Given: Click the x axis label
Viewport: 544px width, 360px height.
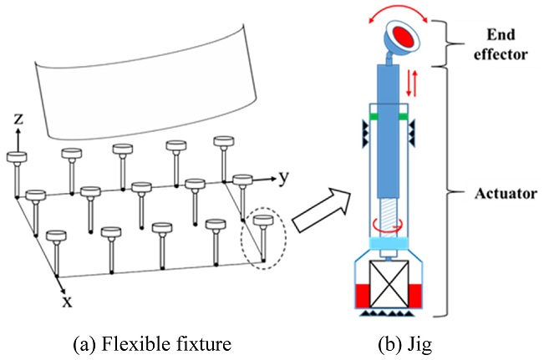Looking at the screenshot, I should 65,301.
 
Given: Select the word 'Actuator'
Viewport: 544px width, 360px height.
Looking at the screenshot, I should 503,194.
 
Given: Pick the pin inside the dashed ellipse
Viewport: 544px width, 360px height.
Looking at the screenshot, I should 264,238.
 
